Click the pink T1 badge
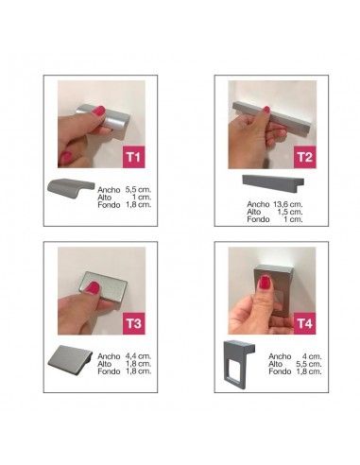tap(133, 157)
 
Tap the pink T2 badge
tap(304, 157)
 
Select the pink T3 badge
tap(133, 323)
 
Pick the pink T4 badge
tap(304, 323)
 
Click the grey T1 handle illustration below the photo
tap(71, 188)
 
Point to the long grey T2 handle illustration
tap(273, 182)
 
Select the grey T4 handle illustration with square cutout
tap(239, 364)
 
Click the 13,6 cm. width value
tap(287, 204)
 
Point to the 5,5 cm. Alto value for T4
tap(309, 364)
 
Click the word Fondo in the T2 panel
tap(258, 219)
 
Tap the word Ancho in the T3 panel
tap(109, 356)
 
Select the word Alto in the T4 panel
tap(276, 364)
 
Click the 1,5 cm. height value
tap(290, 212)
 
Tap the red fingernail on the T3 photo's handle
tap(93, 287)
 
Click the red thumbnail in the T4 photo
tap(264, 283)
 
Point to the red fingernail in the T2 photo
tap(266, 110)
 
